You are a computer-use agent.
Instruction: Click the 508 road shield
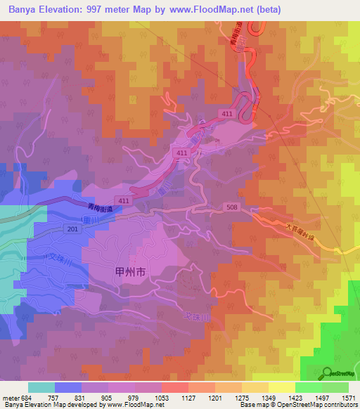pos(233,207)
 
